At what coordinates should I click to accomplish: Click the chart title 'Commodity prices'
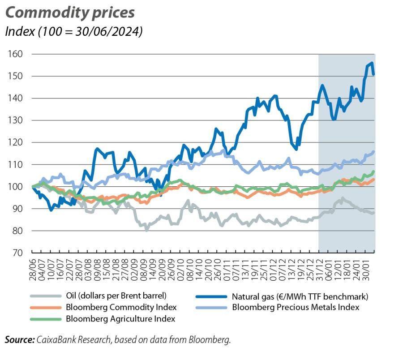[x=70, y=13]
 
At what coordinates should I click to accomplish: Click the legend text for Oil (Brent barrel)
[x=116, y=296]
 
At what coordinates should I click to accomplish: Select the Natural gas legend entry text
[x=300, y=296]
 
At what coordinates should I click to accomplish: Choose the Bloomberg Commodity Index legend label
[x=121, y=308]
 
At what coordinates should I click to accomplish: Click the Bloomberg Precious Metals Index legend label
[x=296, y=308]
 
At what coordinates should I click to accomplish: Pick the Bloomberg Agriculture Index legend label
[x=120, y=319]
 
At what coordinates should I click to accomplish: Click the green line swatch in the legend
[x=45, y=319]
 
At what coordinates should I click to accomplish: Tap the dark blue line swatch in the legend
[x=211, y=296]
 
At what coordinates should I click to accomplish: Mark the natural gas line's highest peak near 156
[x=372, y=63]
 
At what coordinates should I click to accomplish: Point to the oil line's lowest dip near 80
[x=146, y=230]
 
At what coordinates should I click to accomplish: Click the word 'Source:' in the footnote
[x=20, y=340]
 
